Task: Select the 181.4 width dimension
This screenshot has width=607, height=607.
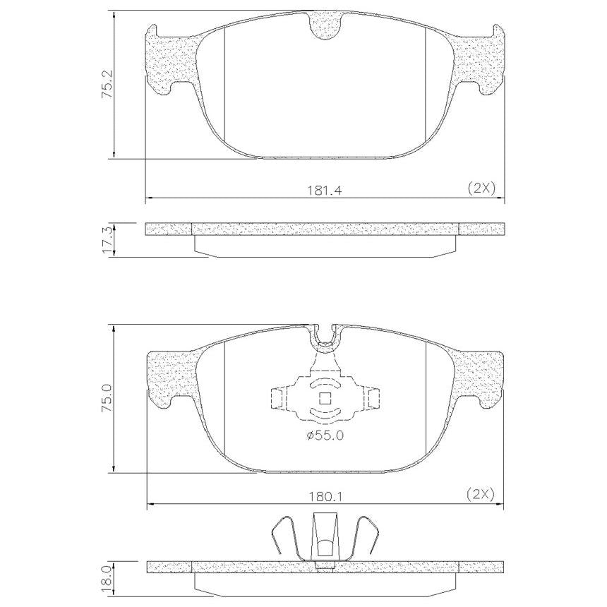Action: click(x=325, y=191)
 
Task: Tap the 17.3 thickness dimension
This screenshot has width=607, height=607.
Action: click(x=107, y=240)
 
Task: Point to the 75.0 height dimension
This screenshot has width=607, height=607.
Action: click(x=107, y=398)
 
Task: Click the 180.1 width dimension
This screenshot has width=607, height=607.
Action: click(x=325, y=496)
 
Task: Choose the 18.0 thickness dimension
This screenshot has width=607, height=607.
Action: click(x=107, y=578)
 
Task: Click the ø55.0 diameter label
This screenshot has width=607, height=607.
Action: click(x=325, y=436)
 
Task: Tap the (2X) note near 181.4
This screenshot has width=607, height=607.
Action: click(x=481, y=188)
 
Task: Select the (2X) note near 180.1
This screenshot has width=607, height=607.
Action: click(x=481, y=494)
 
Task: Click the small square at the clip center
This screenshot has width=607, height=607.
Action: click(x=325, y=398)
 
